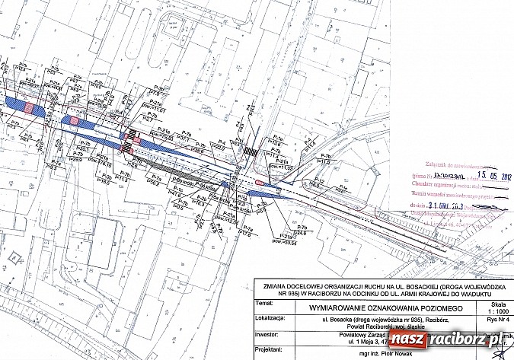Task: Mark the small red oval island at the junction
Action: (x=260, y=182)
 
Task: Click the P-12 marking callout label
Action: (x=321, y=180)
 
